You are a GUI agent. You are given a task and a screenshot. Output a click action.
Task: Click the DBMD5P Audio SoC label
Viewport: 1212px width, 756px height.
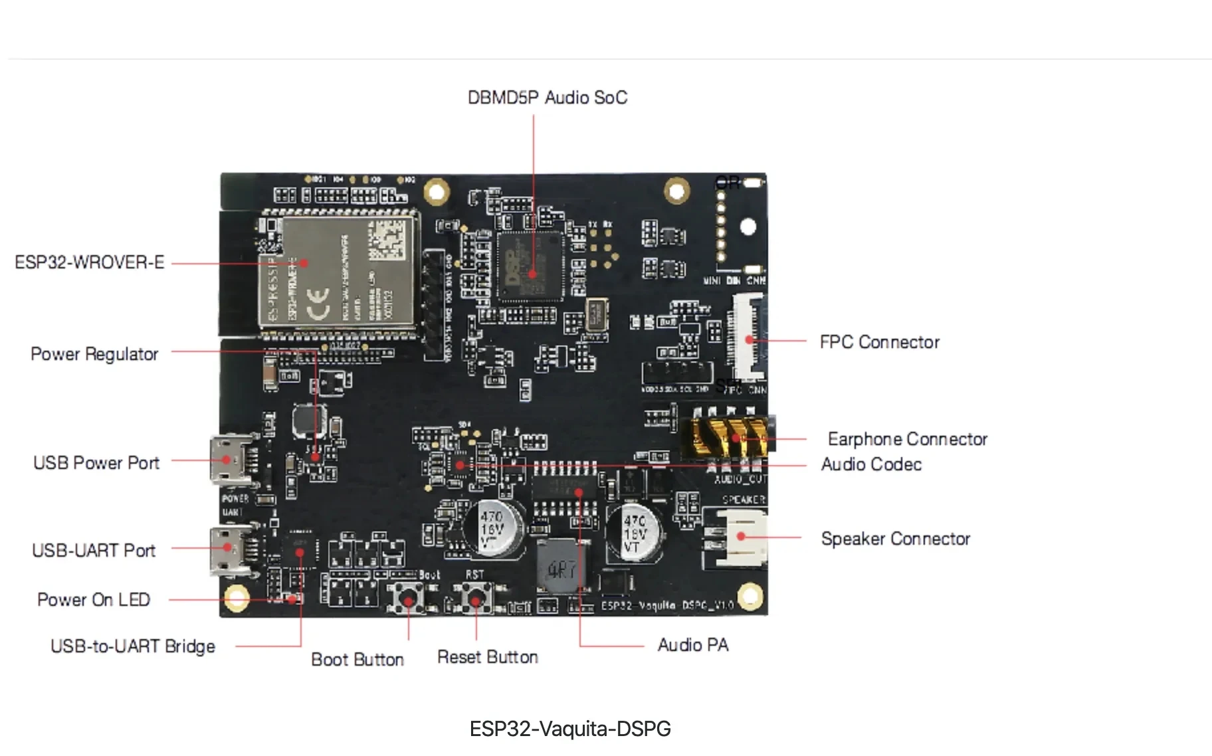point(547,98)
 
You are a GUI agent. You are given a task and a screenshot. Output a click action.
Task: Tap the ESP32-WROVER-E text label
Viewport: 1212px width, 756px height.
point(89,262)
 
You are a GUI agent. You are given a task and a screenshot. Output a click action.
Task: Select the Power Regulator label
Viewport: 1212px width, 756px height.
point(94,354)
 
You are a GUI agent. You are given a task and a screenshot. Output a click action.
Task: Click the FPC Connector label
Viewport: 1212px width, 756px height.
point(879,342)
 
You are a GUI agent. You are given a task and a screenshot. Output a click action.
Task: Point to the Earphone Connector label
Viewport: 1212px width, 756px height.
point(907,439)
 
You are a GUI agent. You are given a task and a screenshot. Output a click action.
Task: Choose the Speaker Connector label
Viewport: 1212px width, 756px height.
point(895,539)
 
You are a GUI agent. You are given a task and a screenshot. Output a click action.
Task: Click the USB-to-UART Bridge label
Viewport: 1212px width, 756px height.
point(133,646)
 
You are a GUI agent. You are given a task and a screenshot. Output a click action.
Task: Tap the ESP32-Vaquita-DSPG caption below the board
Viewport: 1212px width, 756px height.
point(570,729)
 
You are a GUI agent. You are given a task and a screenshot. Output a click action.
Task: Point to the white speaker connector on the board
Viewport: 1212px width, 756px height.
point(740,536)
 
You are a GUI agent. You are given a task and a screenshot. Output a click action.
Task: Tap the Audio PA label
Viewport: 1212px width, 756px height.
point(692,645)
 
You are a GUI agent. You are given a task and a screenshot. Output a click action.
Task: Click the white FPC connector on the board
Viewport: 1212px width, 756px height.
point(748,339)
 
